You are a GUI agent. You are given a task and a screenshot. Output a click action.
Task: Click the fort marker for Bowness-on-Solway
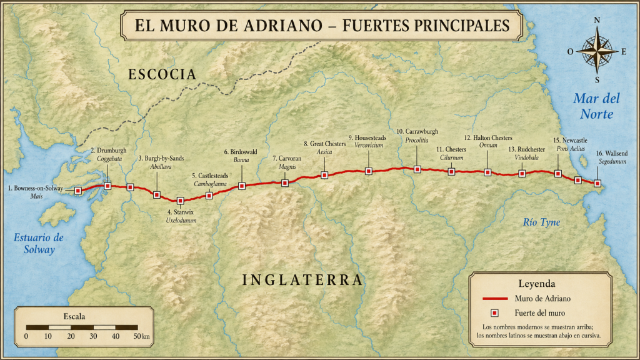78,190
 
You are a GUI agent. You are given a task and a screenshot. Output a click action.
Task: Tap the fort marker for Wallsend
597,183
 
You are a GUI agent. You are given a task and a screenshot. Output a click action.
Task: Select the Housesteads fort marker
368,171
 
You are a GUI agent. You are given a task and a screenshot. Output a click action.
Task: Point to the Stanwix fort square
181,201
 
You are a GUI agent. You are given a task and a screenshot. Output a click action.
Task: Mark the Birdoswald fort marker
242,186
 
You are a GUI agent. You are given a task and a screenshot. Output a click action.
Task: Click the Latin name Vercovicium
368,146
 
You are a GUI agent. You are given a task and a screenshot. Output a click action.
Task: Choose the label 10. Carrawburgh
417,132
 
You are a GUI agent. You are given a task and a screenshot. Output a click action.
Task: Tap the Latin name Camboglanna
209,184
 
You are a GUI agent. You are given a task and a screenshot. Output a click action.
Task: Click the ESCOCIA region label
162,75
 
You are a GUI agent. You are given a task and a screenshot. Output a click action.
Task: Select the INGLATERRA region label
302,280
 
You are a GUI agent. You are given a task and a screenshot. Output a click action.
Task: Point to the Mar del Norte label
596,106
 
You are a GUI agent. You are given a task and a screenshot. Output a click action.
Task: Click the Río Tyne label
541,222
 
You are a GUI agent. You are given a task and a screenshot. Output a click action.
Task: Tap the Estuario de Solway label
39,244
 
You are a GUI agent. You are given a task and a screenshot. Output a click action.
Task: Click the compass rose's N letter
597,20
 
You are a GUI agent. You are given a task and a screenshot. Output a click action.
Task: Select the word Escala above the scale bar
75,316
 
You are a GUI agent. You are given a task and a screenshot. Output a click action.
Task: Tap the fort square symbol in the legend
494,312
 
